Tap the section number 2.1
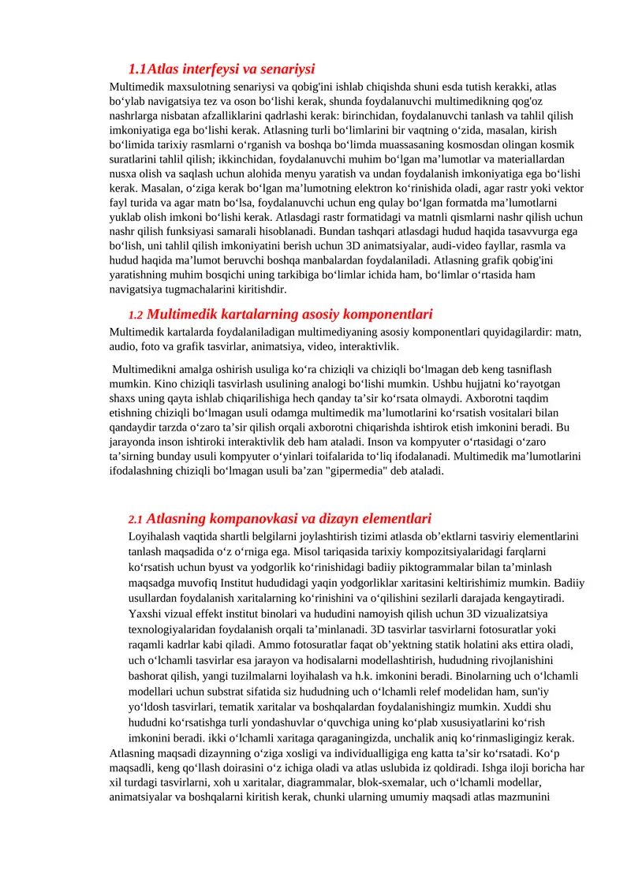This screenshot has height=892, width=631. [135, 520]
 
